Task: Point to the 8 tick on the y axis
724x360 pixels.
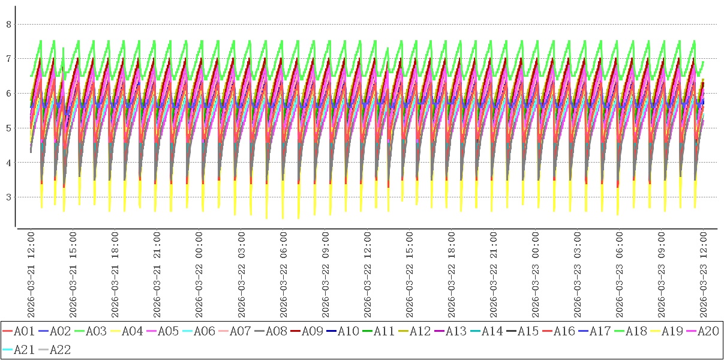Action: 8,25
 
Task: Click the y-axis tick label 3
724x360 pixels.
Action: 8,197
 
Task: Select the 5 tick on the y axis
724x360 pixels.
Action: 8,128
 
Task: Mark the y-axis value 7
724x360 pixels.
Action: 8,59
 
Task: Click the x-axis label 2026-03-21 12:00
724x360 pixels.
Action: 31,275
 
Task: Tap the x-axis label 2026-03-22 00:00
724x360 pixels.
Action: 199,275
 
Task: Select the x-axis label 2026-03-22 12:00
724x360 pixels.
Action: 367,275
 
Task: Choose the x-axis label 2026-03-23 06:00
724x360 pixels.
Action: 620,275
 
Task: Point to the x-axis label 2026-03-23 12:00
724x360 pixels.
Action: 704,275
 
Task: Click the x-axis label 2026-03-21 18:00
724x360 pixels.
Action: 115,275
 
